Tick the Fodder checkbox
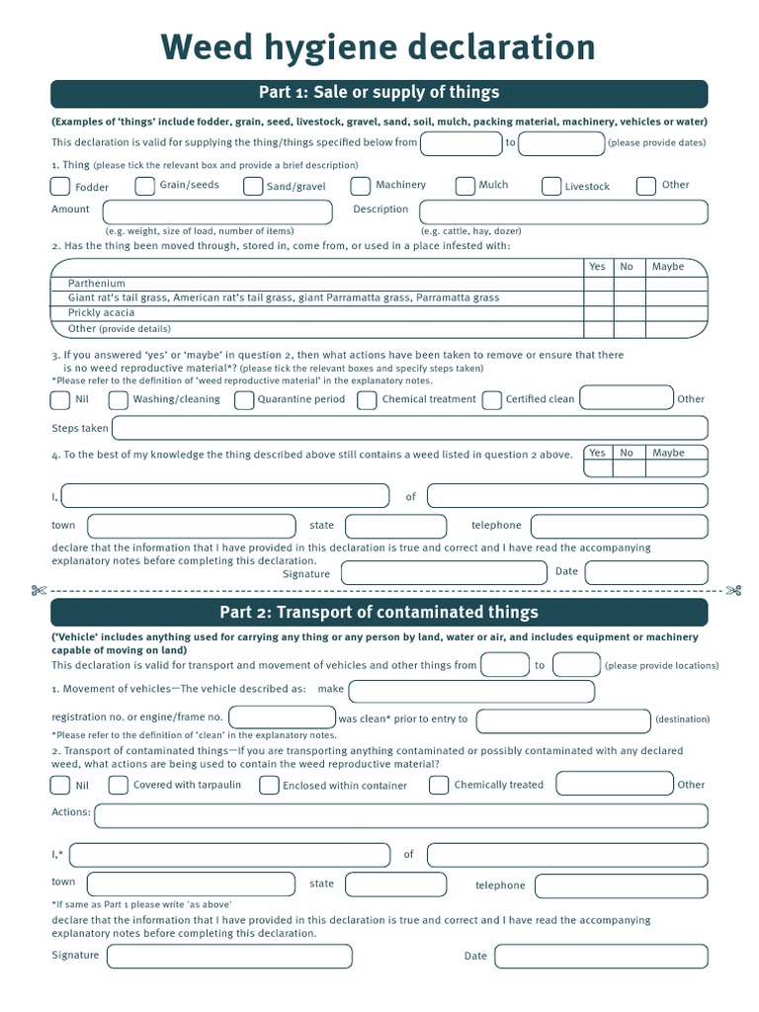[x=60, y=187]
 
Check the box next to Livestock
[x=551, y=186]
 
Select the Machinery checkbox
[x=362, y=186]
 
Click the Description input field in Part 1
[x=563, y=212]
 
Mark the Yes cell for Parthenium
[x=597, y=283]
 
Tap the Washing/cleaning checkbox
[x=119, y=400]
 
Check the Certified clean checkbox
[x=491, y=400]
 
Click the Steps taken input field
[x=410, y=428]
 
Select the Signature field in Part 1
[x=443, y=572]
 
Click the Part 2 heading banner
[x=379, y=612]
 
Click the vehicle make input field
[x=471, y=691]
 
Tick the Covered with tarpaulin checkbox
[x=119, y=786]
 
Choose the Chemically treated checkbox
[x=439, y=786]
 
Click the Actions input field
[x=400, y=815]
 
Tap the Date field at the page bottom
[x=601, y=956]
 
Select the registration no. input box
[x=282, y=717]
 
